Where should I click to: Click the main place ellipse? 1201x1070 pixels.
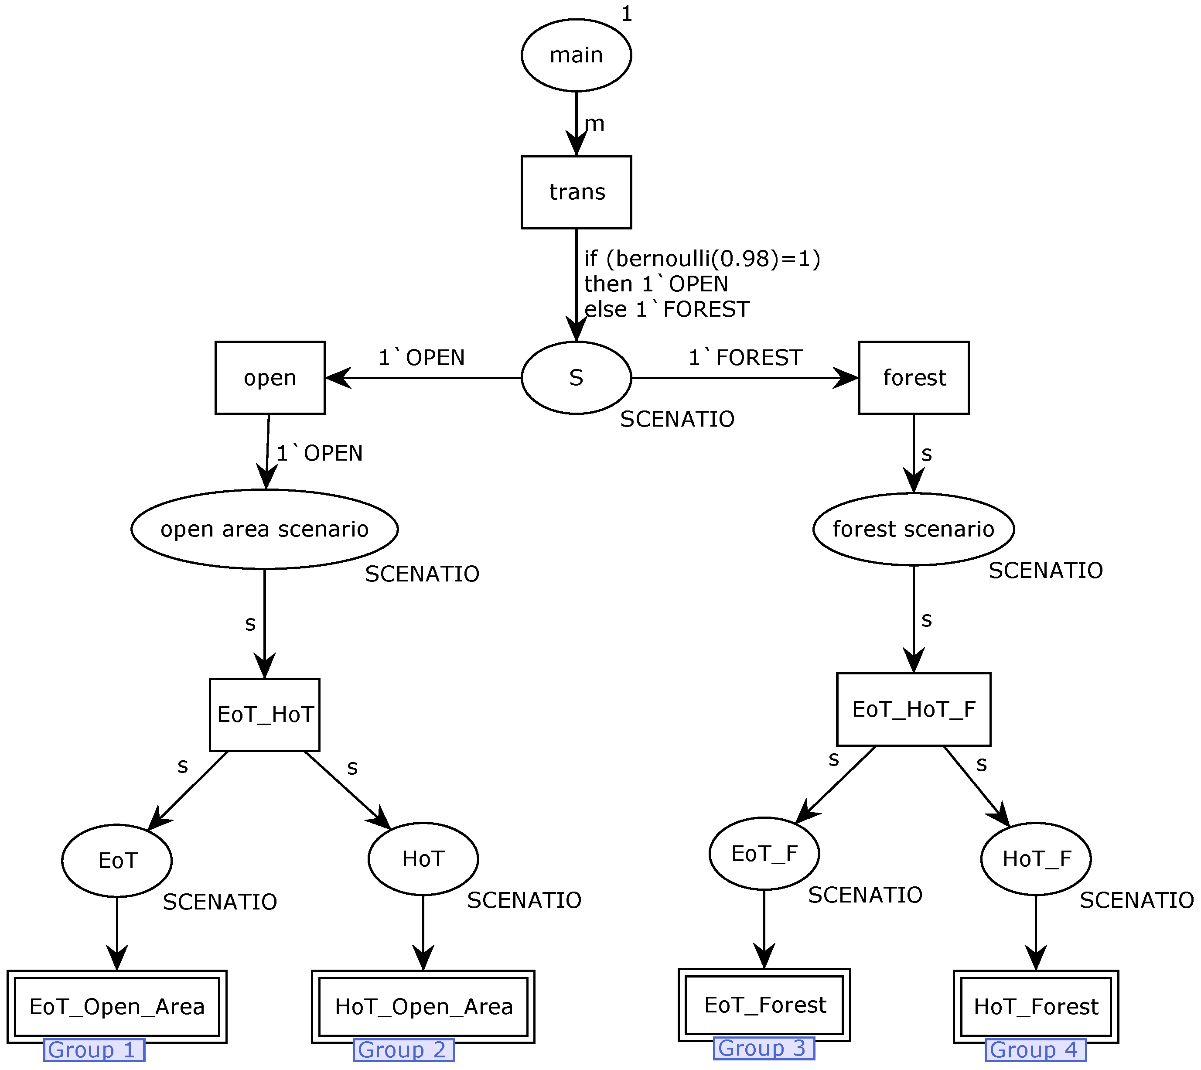click(576, 55)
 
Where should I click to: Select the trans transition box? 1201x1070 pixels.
click(576, 192)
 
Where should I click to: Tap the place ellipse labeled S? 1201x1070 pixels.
click(576, 377)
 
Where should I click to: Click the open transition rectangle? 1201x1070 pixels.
click(270, 377)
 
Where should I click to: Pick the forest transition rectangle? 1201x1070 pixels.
click(914, 377)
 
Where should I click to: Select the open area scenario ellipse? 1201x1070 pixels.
click(265, 529)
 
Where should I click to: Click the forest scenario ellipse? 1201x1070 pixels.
click(914, 529)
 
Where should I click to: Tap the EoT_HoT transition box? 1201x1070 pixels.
click(265, 715)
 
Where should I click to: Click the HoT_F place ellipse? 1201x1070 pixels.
click(1036, 859)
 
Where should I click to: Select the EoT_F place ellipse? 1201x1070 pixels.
click(764, 854)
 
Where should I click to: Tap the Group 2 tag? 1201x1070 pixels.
click(403, 1050)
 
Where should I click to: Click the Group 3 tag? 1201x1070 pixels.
click(764, 1048)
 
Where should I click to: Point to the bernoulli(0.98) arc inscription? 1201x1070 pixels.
click(702, 259)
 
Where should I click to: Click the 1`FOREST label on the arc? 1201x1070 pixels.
click(745, 357)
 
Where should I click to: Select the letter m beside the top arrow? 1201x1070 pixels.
click(594, 124)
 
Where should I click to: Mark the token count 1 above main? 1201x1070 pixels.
click(627, 14)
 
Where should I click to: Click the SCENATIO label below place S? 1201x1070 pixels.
click(677, 419)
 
